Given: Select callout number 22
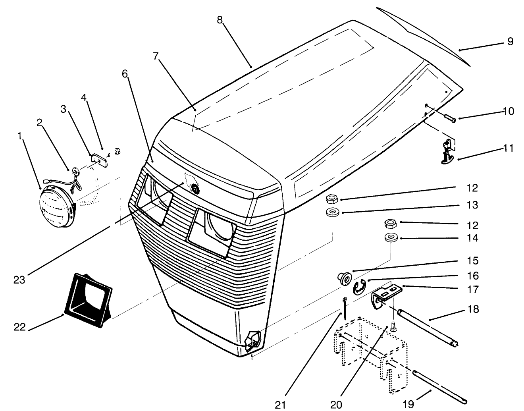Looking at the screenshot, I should pos(20,327).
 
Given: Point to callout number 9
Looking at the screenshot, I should pos(510,41).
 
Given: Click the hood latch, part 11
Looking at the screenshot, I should pos(447,151).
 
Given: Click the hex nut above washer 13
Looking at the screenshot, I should pos(331,198).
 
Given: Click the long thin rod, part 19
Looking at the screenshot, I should pos(439,386).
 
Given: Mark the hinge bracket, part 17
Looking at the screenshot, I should pos(387,293).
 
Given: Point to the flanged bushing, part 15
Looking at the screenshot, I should pos(343,277).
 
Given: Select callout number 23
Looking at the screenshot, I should pos(19,280).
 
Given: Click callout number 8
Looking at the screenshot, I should pos(220,20).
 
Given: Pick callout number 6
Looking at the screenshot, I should pos(125,73).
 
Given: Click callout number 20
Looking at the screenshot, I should pos(336,404).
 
